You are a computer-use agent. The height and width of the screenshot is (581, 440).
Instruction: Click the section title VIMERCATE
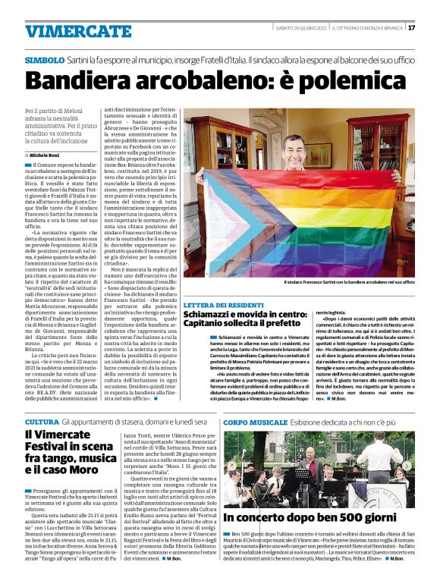coord(67,31)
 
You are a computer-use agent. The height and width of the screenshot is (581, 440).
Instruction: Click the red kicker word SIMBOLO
coord(44,59)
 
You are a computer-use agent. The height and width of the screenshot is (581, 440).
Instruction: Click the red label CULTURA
coord(41,422)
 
